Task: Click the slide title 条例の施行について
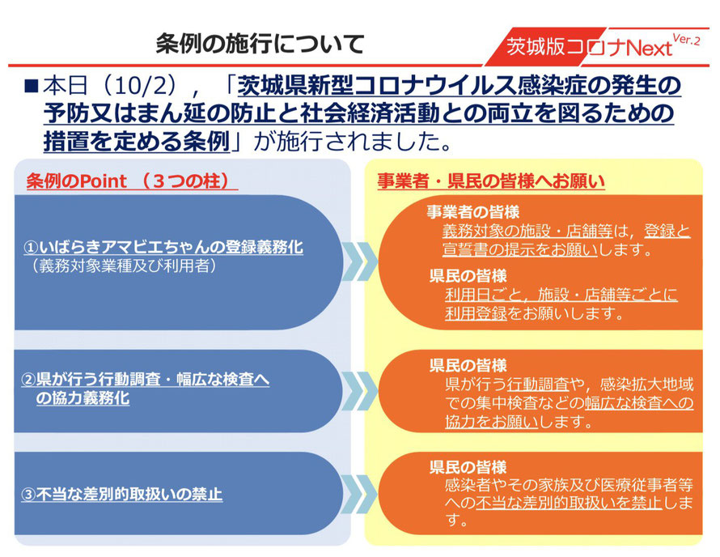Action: pyautogui.click(x=260, y=44)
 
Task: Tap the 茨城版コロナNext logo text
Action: pyautogui.click(x=590, y=47)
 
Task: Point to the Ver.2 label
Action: pyautogui.click(x=687, y=39)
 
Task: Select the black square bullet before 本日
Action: pyautogui.click(x=32, y=86)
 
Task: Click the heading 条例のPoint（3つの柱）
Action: pyautogui.click(x=132, y=181)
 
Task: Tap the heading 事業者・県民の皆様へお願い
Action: pyautogui.click(x=491, y=181)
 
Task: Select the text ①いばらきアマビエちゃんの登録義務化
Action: pyautogui.click(x=163, y=247)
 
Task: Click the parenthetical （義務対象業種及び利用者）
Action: pyautogui.click(x=125, y=266)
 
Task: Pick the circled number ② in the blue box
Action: pyautogui.click(x=28, y=380)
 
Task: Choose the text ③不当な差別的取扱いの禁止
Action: pyautogui.click(x=122, y=495)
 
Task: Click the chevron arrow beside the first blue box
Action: pyautogui.click(x=360, y=261)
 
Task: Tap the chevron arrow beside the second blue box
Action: pyautogui.click(x=360, y=391)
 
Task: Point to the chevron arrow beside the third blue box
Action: pyautogui.click(x=360, y=494)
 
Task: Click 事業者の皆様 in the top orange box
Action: pyautogui.click(x=473, y=212)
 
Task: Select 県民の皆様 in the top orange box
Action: pyautogui.click(x=468, y=276)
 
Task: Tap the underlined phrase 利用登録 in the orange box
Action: pyautogui.click(x=476, y=313)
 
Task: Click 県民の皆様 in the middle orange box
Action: pyautogui.click(x=468, y=366)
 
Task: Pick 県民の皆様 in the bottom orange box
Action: pyautogui.click(x=468, y=467)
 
